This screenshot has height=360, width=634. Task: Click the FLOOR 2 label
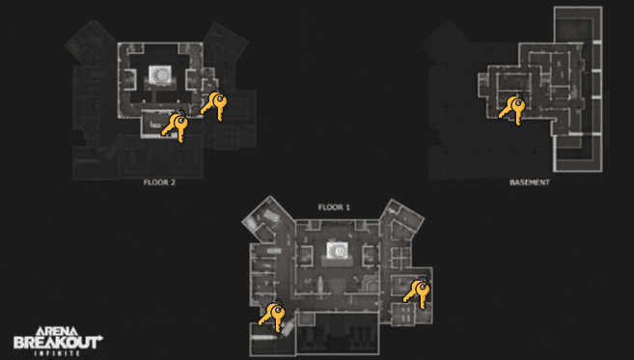(159, 182)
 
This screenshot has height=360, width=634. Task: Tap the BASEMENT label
(529, 182)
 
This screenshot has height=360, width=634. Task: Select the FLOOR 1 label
(334, 208)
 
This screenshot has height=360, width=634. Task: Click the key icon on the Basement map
(512, 109)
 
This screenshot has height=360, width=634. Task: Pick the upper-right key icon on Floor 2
(214, 105)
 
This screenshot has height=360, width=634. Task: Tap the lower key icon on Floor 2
(175, 126)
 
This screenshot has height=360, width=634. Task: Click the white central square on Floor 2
(160, 75)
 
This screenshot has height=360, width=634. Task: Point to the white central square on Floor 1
(337, 250)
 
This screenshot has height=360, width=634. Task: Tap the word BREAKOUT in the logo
(57, 343)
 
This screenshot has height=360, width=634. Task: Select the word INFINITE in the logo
(57, 353)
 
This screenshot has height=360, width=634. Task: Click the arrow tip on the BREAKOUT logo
(102, 336)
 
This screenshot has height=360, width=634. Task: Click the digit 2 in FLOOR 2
(173, 182)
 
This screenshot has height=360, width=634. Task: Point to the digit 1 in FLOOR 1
(347, 208)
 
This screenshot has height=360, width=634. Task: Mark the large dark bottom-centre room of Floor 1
(338, 333)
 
